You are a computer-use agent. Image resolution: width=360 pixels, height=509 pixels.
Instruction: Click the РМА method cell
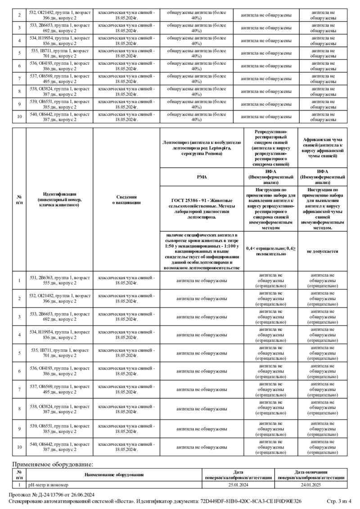tap(201, 177)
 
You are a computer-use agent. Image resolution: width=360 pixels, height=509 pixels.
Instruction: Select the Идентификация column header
tap(59, 199)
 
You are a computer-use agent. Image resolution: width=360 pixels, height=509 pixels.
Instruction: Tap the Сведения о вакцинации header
tap(126, 199)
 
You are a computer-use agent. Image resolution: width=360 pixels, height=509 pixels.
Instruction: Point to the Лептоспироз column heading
tap(201, 148)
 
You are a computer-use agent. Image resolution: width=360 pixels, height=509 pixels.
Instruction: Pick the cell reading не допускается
tap(322, 251)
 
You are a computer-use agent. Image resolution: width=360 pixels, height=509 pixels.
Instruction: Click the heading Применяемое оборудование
tap(52, 464)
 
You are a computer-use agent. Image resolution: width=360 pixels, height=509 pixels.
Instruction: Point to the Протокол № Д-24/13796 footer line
tap(52, 495)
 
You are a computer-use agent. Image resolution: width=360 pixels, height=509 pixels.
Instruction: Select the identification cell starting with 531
tap(59, 281)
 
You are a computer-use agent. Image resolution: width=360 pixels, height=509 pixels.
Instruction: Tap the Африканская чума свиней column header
tap(322, 148)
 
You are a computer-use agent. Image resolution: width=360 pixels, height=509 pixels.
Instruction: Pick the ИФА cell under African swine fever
tap(322, 177)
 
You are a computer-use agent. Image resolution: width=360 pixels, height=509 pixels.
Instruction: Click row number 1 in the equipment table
tap(19, 485)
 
